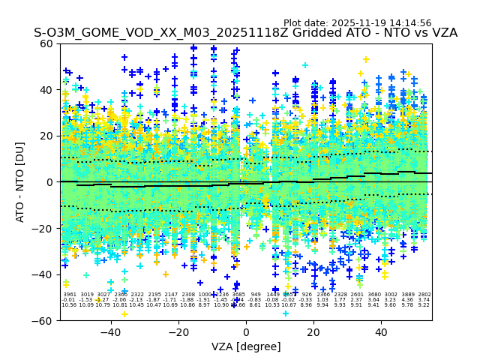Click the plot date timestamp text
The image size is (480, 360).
[x=357, y=23]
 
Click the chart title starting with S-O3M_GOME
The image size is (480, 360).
[x=245, y=34]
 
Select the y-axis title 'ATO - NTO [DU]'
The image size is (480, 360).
[x=20, y=182]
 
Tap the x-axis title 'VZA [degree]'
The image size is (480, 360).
[x=245, y=346]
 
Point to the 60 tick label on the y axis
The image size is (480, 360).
[x=46, y=43]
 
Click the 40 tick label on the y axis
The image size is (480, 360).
[x=46, y=90]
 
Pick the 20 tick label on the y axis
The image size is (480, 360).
[x=46, y=136]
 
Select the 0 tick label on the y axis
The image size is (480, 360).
[x=49, y=182]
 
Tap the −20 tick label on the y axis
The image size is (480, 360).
[x=43, y=228]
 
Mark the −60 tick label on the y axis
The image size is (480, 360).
[x=43, y=320]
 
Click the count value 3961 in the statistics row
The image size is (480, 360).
[x=69, y=295]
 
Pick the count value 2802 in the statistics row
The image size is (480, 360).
[x=424, y=295]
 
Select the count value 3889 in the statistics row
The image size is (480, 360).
[x=408, y=295]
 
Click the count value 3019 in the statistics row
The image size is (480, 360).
[x=86, y=295]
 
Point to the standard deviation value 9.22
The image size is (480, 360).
[x=424, y=305]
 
